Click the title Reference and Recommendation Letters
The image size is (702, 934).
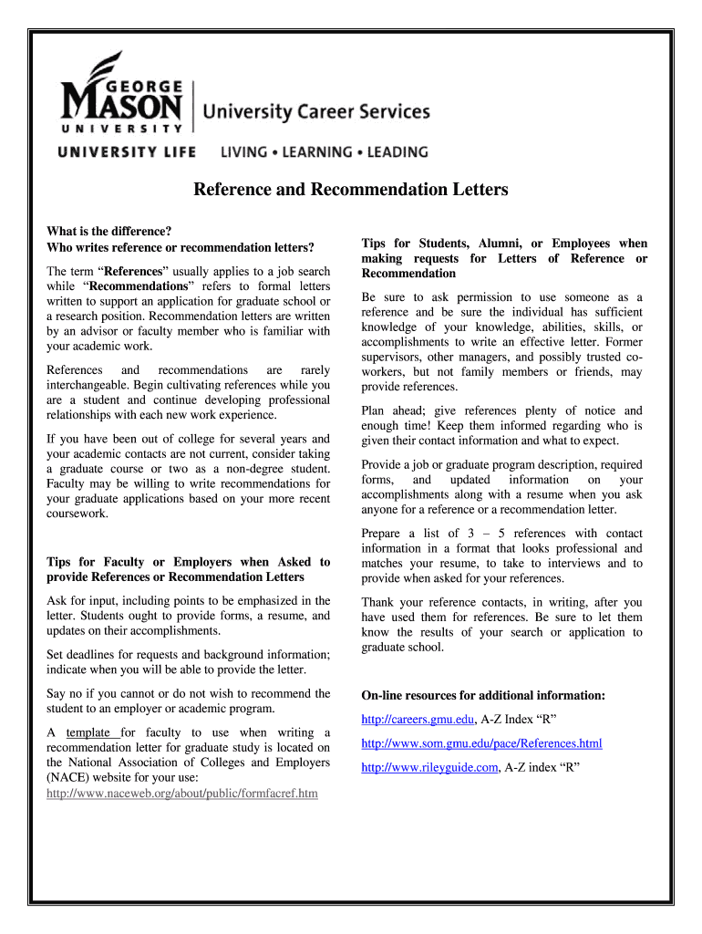(349, 190)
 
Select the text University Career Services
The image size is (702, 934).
(315, 112)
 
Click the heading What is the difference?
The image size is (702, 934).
(109, 232)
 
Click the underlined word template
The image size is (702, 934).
(89, 732)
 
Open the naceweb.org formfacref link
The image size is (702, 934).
(181, 793)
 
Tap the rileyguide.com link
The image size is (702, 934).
(429, 767)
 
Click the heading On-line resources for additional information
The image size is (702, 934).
(483, 695)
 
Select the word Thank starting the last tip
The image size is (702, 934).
(377, 602)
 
